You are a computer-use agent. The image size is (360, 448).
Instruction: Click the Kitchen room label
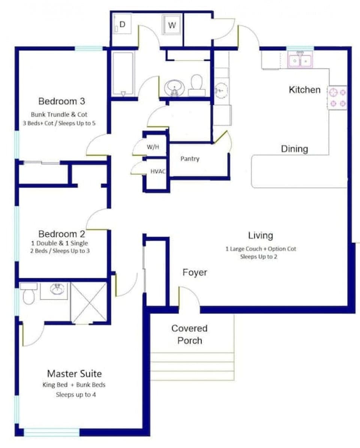[304, 90]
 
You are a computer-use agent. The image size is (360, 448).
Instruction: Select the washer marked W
[171, 25]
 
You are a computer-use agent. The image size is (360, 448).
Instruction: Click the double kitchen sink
[300, 60]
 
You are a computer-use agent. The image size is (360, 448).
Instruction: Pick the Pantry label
[190, 159]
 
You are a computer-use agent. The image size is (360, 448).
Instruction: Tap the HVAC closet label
[157, 172]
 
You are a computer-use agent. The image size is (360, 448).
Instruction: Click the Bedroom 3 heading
[61, 101]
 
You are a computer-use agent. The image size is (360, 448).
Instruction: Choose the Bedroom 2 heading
[61, 234]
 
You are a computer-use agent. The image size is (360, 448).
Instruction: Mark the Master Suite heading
[74, 373]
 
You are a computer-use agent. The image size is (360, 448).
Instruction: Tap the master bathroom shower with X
[89, 303]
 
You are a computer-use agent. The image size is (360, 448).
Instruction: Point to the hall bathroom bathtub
[123, 73]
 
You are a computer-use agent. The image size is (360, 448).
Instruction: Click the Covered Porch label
[189, 334]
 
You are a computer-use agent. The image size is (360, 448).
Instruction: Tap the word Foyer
[195, 272]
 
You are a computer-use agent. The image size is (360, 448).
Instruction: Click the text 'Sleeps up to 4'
[76, 394]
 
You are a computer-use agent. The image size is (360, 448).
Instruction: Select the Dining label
[294, 149]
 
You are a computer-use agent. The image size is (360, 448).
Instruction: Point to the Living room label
[260, 236]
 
